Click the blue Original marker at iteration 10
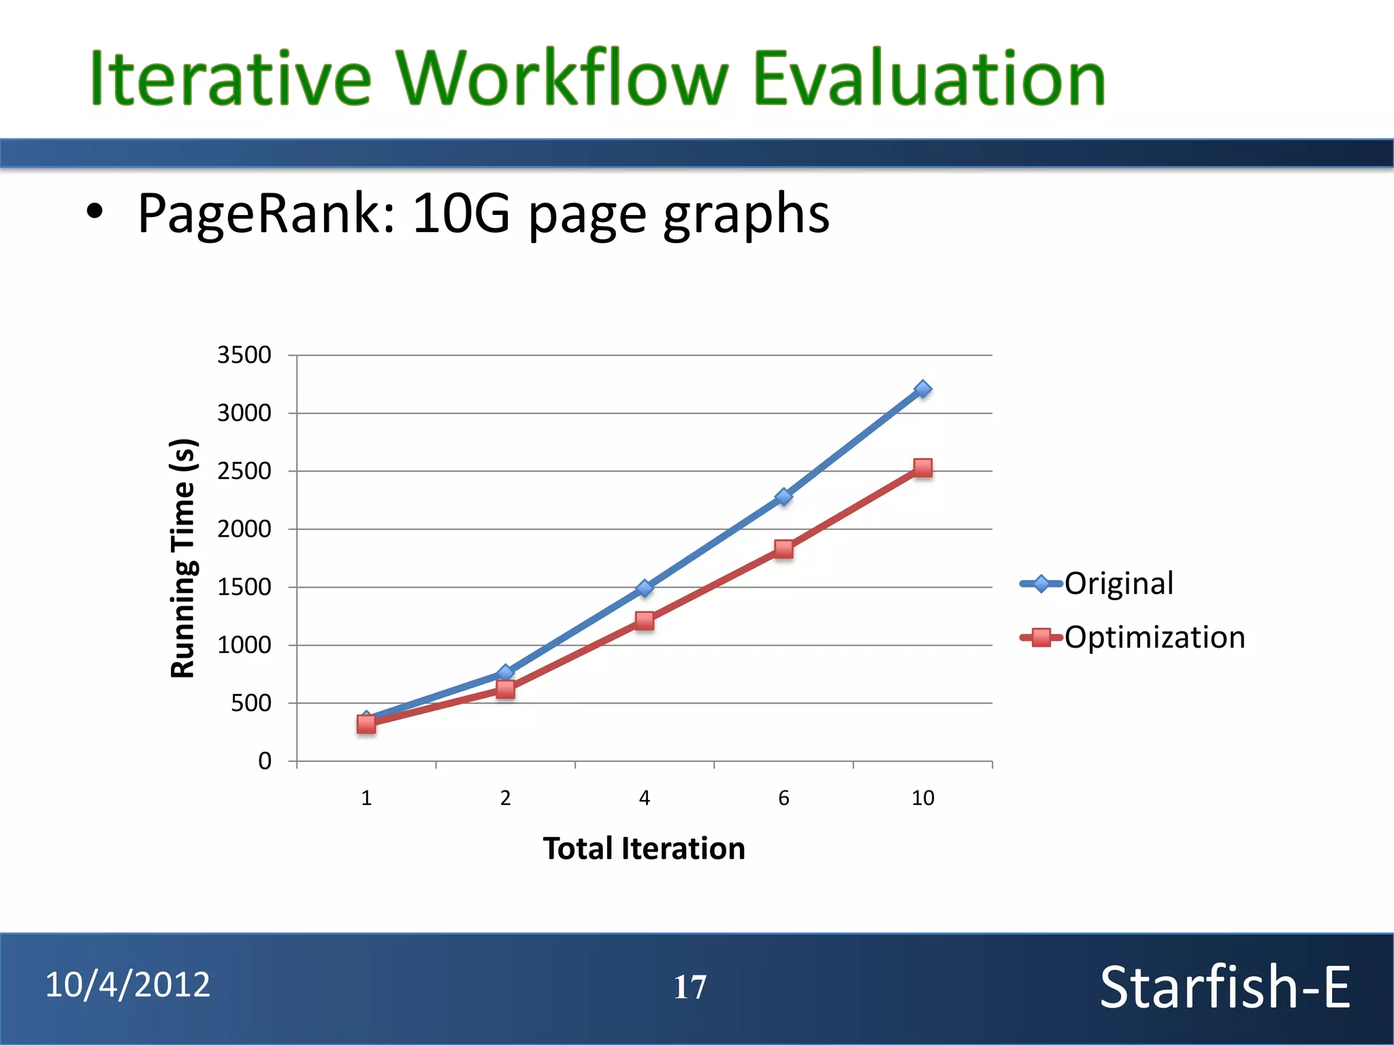[x=922, y=389]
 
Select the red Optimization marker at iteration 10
[x=922, y=468]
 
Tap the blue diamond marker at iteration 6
[x=783, y=497]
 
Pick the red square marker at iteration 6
[x=783, y=549]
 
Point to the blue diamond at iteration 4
[x=645, y=588]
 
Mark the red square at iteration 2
[x=505, y=690]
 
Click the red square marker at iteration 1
[x=366, y=724]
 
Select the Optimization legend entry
[x=1154, y=637]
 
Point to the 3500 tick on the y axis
[x=244, y=355]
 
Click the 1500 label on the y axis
[x=244, y=587]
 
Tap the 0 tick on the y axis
[x=265, y=761]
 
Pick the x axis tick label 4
[x=645, y=798]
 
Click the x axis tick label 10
[x=922, y=798]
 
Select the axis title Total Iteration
[x=644, y=849]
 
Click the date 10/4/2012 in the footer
[x=128, y=985]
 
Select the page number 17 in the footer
[x=690, y=987]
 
